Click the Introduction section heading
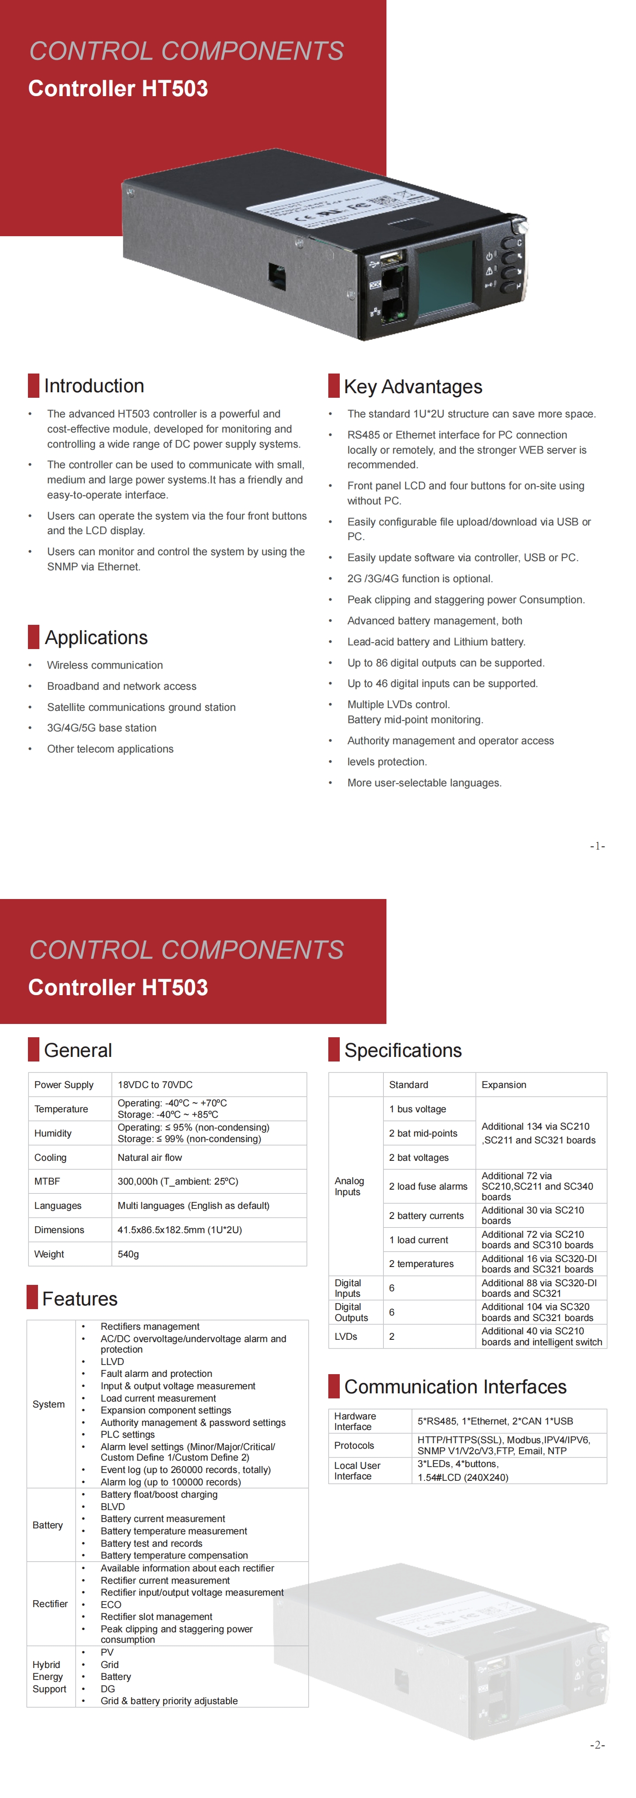[x=93, y=386]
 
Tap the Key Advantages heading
[x=413, y=387]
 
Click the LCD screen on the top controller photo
[x=444, y=277]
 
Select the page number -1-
[x=597, y=846]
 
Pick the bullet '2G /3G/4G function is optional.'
[x=419, y=579]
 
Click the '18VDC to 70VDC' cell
[x=155, y=1085]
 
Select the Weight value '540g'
[x=129, y=1254]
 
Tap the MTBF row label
[x=48, y=1182]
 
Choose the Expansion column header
[x=503, y=1085]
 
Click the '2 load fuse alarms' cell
[x=428, y=1186]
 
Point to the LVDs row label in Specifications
[x=346, y=1337]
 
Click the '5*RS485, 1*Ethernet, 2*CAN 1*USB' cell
[x=495, y=1421]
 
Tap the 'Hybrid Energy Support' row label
[x=49, y=1677]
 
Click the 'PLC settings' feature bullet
[x=128, y=1435]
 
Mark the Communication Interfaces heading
[x=455, y=1387]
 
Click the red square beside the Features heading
[x=32, y=1297]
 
